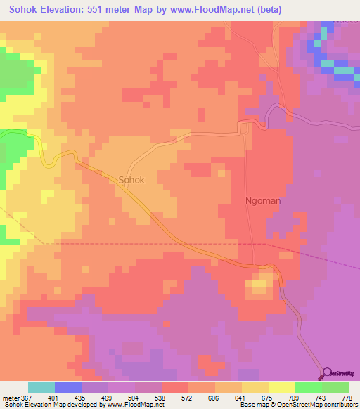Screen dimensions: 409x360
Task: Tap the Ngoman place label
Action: pos(262,200)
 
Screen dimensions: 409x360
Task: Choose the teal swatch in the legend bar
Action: pos(41,387)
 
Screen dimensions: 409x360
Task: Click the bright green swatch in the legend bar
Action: pos(308,387)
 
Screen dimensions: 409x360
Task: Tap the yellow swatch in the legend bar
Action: pos(281,387)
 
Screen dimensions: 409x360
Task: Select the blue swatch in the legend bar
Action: pos(67,387)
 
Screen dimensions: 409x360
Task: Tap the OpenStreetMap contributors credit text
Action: pos(309,405)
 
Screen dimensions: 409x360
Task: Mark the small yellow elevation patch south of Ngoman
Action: pos(259,286)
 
